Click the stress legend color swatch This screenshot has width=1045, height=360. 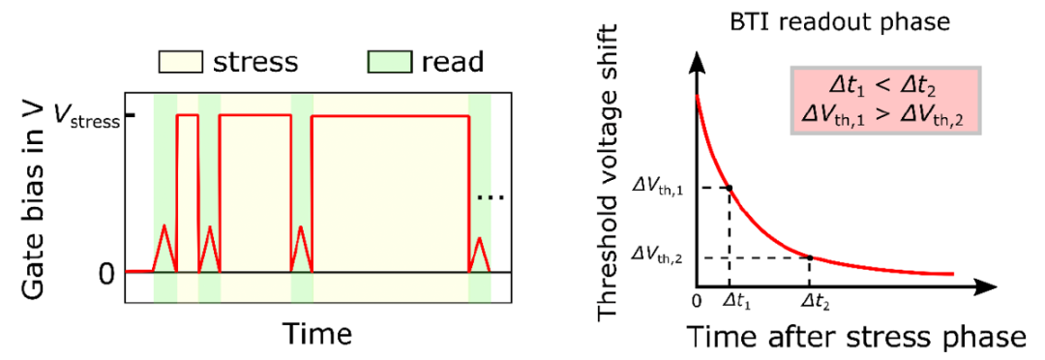tap(180, 62)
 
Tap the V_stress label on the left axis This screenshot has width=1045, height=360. tap(87, 120)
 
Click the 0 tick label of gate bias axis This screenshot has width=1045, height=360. tap(107, 273)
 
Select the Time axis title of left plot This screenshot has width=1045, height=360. tap(317, 332)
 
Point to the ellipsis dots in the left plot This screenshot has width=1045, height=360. tap(492, 197)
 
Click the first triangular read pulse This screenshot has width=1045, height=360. tap(164, 248)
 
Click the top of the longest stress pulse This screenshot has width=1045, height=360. tap(391, 117)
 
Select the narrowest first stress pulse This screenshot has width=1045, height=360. tap(188, 194)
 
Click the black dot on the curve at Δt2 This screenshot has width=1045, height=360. tap(810, 257)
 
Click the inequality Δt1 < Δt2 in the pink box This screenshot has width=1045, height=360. tap(879, 86)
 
